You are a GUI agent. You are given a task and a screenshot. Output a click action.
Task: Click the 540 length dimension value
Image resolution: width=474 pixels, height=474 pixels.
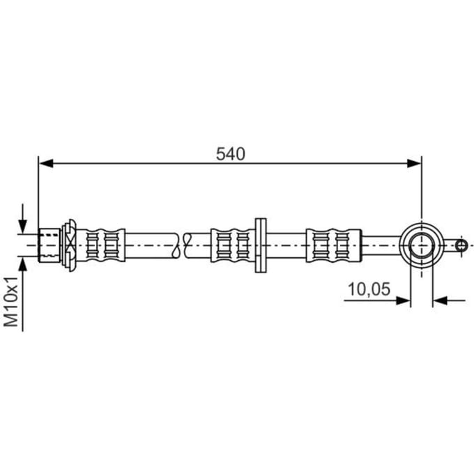click(x=230, y=154)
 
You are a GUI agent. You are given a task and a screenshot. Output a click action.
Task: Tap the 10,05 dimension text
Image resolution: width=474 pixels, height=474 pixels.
click(x=369, y=289)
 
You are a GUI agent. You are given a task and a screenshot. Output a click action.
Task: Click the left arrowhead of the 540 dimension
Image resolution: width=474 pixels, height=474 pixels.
click(x=46, y=164)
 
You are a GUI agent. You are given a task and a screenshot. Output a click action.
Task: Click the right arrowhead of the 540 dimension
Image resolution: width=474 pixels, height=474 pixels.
click(x=414, y=164)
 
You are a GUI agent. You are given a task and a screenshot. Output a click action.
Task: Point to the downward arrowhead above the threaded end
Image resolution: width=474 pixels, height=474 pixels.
click(x=23, y=227)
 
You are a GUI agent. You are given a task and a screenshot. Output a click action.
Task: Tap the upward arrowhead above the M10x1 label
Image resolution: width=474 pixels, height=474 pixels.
click(x=23, y=263)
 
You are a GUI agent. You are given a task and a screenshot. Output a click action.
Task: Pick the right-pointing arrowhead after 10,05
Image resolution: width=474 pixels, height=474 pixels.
click(x=403, y=300)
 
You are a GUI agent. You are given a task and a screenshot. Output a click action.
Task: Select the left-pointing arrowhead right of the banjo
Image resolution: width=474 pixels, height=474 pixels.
click(x=440, y=300)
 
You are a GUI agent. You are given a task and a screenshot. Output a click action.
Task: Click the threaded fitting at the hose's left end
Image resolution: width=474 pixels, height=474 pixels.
click(x=49, y=245)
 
